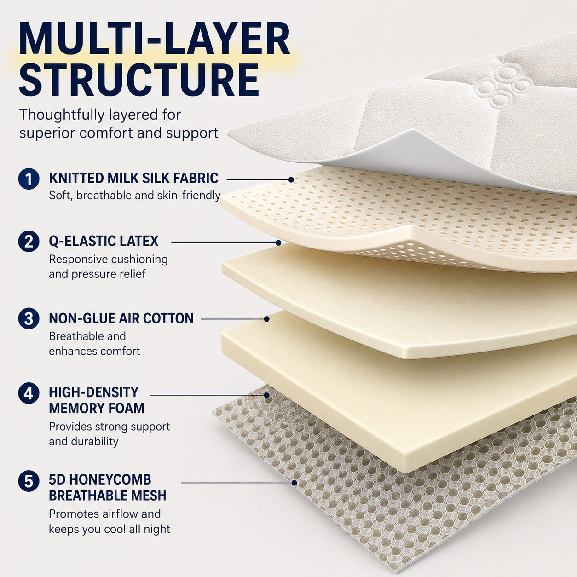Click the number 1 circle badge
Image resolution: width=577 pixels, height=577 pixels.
click(x=29, y=179)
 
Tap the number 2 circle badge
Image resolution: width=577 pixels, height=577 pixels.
click(x=29, y=242)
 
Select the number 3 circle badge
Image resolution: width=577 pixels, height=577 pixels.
click(x=29, y=318)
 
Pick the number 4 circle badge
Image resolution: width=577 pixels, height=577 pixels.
click(x=29, y=393)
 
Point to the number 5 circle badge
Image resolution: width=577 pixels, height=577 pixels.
click(x=29, y=481)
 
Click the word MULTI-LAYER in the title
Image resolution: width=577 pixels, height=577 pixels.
click(x=155, y=39)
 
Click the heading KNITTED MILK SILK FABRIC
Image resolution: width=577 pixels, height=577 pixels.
click(x=134, y=178)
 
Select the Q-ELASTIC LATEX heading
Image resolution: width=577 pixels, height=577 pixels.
click(x=104, y=241)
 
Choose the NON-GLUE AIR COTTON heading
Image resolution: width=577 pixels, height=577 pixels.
click(x=121, y=318)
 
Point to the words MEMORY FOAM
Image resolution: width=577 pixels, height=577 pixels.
click(x=97, y=408)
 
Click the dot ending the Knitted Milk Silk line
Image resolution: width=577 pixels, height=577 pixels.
click(x=291, y=179)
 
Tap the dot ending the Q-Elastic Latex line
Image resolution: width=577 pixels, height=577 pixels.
click(x=278, y=243)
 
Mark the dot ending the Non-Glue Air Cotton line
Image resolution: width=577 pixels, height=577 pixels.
click(x=266, y=319)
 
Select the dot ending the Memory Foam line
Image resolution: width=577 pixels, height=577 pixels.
click(x=266, y=395)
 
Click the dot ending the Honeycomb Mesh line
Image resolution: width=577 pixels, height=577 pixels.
click(x=294, y=483)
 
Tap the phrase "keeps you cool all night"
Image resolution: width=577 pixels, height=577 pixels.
click(x=110, y=530)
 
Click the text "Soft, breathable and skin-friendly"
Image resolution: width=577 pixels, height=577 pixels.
click(x=135, y=196)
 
